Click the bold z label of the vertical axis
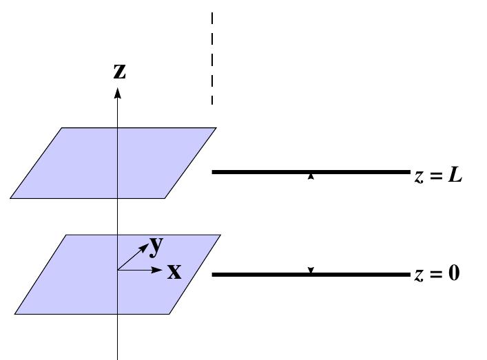(x=120, y=72)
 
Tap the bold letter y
(x=156, y=244)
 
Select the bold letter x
(x=175, y=272)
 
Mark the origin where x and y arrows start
(x=118, y=270)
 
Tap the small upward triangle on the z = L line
(x=311, y=177)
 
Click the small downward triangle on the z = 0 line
(x=311, y=270)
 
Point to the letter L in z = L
(x=454, y=176)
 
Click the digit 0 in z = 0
(x=453, y=275)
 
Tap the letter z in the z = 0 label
(x=419, y=275)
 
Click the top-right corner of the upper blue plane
(x=216, y=128)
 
